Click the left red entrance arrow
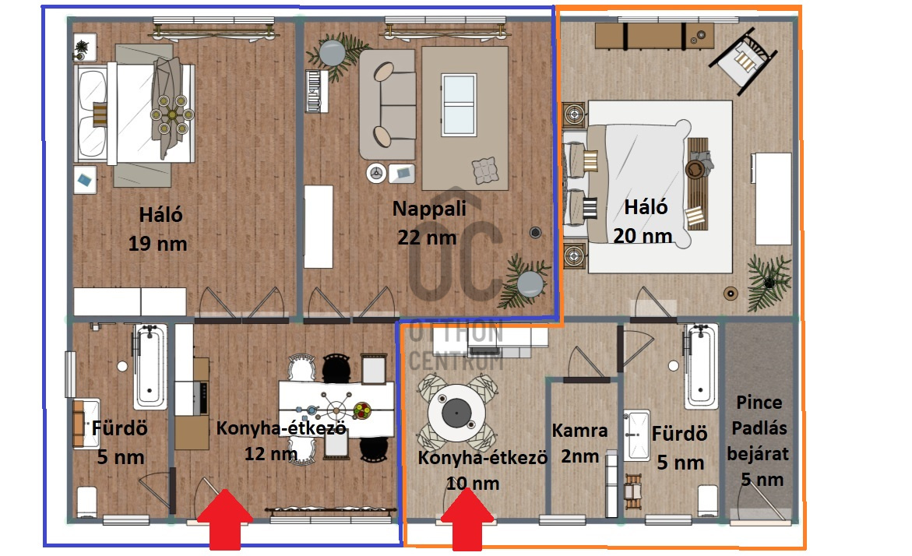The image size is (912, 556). tap(225, 519)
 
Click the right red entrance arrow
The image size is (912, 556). tap(467, 519)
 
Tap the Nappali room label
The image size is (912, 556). tap(429, 208)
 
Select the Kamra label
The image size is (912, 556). tap(579, 431)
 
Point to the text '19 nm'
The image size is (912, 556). tap(157, 243)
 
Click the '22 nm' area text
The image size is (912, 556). tap(427, 238)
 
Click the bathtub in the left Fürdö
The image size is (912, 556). tap(150, 367)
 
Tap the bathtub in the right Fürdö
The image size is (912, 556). tap(701, 367)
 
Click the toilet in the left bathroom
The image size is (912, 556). tap(87, 501)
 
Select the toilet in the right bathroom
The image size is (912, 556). tap(708, 500)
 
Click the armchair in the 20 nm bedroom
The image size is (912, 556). tap(743, 58)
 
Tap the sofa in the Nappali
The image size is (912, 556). tap(386, 104)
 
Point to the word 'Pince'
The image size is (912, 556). tap(759, 402)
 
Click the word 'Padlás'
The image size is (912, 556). tap(759, 428)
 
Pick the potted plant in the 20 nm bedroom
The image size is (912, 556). tap(769, 283)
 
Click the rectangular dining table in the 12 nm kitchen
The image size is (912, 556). tap(336, 409)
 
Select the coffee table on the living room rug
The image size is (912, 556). tap(459, 104)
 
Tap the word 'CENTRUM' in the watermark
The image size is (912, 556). tap(456, 361)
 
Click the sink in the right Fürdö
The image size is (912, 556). tap(637, 435)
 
